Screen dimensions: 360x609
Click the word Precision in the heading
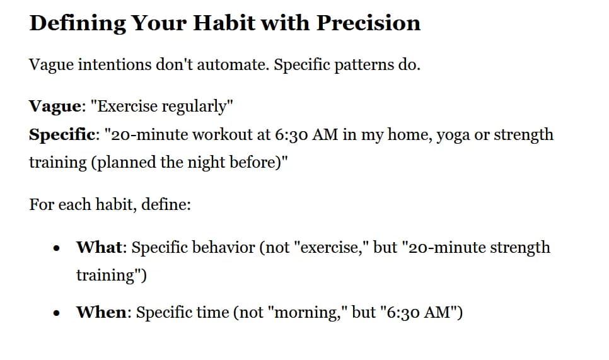[368, 23]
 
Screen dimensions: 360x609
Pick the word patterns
[363, 65]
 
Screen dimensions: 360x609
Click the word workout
[240, 134]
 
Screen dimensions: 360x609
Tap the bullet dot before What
[58, 248]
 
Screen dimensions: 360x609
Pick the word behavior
[223, 247]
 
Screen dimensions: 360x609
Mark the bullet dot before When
[58, 313]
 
